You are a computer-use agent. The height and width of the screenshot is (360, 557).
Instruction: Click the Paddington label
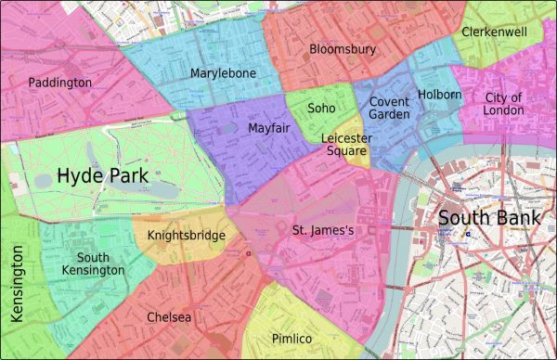60,83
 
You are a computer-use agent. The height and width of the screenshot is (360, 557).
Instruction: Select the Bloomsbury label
343,48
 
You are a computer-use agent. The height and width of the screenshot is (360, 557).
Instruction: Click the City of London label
504,104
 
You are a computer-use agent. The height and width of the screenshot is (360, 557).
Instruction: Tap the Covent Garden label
389,108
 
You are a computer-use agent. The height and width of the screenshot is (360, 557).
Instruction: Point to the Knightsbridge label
187,236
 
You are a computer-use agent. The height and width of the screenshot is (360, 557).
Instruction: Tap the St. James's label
323,229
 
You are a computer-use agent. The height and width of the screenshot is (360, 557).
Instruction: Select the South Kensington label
100,264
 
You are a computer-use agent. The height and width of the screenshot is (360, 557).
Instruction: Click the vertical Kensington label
16,284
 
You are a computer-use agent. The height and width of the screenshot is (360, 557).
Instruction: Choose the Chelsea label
169,317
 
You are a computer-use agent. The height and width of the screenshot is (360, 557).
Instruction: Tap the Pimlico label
291,338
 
